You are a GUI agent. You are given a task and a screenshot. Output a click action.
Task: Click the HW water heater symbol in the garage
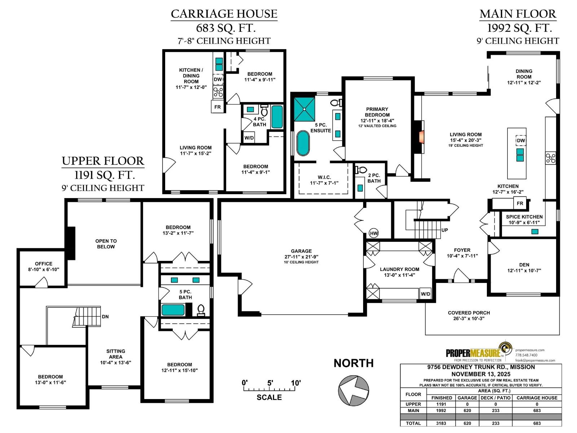pos(374,233)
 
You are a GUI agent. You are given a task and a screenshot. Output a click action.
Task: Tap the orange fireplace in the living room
pos(421,137)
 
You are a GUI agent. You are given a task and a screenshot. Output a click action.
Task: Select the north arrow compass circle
pos(353,390)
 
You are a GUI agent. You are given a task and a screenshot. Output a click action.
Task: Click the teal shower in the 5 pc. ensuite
pos(304,109)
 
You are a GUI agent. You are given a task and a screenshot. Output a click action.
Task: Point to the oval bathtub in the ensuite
pos(303,143)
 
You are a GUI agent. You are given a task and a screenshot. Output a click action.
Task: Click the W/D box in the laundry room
pos(426,294)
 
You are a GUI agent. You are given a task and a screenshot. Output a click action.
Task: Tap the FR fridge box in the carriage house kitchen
pos(217,107)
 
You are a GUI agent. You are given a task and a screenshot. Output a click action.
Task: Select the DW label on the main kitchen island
pos(520,140)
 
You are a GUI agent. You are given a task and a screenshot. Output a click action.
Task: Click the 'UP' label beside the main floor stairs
pos(445,230)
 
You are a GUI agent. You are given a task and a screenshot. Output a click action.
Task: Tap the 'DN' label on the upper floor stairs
pos(105,316)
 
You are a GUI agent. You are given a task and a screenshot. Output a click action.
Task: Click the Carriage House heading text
pos(224,14)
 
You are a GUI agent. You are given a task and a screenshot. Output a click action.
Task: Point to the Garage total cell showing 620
pos(467,423)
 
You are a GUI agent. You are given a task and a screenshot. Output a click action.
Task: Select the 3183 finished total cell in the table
pos(441,423)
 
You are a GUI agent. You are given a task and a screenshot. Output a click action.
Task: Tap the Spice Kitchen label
pos(524,216)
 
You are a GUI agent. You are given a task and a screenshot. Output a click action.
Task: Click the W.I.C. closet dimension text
pos(324,183)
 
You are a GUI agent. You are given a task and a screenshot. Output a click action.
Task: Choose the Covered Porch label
pos(469,312)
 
